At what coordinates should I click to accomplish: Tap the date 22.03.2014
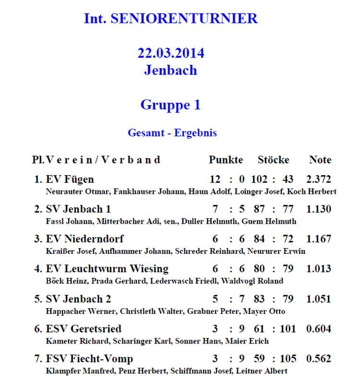[x=170, y=53]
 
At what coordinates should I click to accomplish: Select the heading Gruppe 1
[x=170, y=105]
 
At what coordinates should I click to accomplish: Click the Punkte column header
[x=226, y=160]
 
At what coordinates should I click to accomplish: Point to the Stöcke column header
[x=273, y=160]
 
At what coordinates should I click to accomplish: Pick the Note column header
[x=320, y=160]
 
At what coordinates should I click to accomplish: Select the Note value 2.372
[x=319, y=179]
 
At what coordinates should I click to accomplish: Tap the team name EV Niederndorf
[x=84, y=239]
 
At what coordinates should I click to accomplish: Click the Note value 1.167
[x=319, y=239]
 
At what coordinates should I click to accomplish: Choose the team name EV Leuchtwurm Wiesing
[x=107, y=269]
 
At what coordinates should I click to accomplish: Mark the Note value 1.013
[x=319, y=269]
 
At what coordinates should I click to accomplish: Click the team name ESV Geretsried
[x=84, y=329]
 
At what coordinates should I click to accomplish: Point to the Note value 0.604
[x=319, y=329]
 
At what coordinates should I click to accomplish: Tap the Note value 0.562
[x=319, y=358]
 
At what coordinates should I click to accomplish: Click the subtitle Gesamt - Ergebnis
[x=172, y=133]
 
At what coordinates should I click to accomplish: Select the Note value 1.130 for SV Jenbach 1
[x=319, y=209]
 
